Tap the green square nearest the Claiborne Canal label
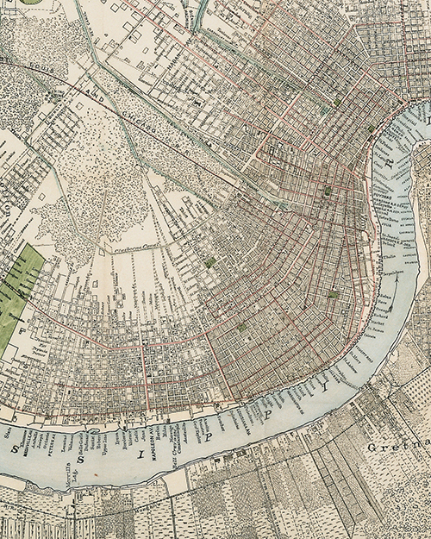210,260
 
